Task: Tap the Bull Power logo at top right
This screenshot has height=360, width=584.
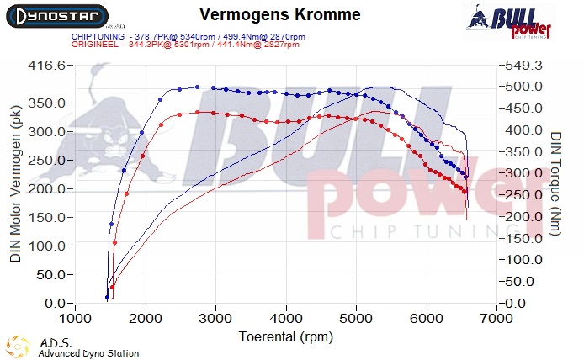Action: (x=508, y=20)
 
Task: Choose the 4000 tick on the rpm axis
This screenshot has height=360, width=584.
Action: (x=287, y=319)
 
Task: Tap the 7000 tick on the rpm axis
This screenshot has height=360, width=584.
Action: (x=497, y=319)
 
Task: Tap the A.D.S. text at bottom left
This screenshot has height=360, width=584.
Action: (x=50, y=343)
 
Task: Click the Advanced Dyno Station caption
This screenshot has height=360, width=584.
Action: (x=88, y=353)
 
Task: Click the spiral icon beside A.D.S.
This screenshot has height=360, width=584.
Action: (x=18, y=347)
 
